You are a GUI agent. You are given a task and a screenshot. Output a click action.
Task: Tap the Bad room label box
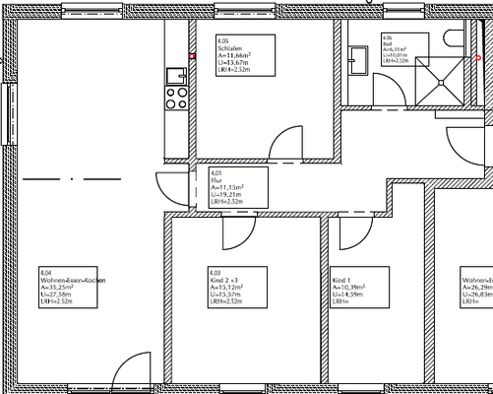[395, 49]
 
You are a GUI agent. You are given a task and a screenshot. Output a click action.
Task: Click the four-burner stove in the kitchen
[177, 97]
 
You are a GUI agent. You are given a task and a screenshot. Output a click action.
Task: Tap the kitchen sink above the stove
[178, 73]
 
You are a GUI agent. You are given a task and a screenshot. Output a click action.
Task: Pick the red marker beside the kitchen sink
[193, 56]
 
